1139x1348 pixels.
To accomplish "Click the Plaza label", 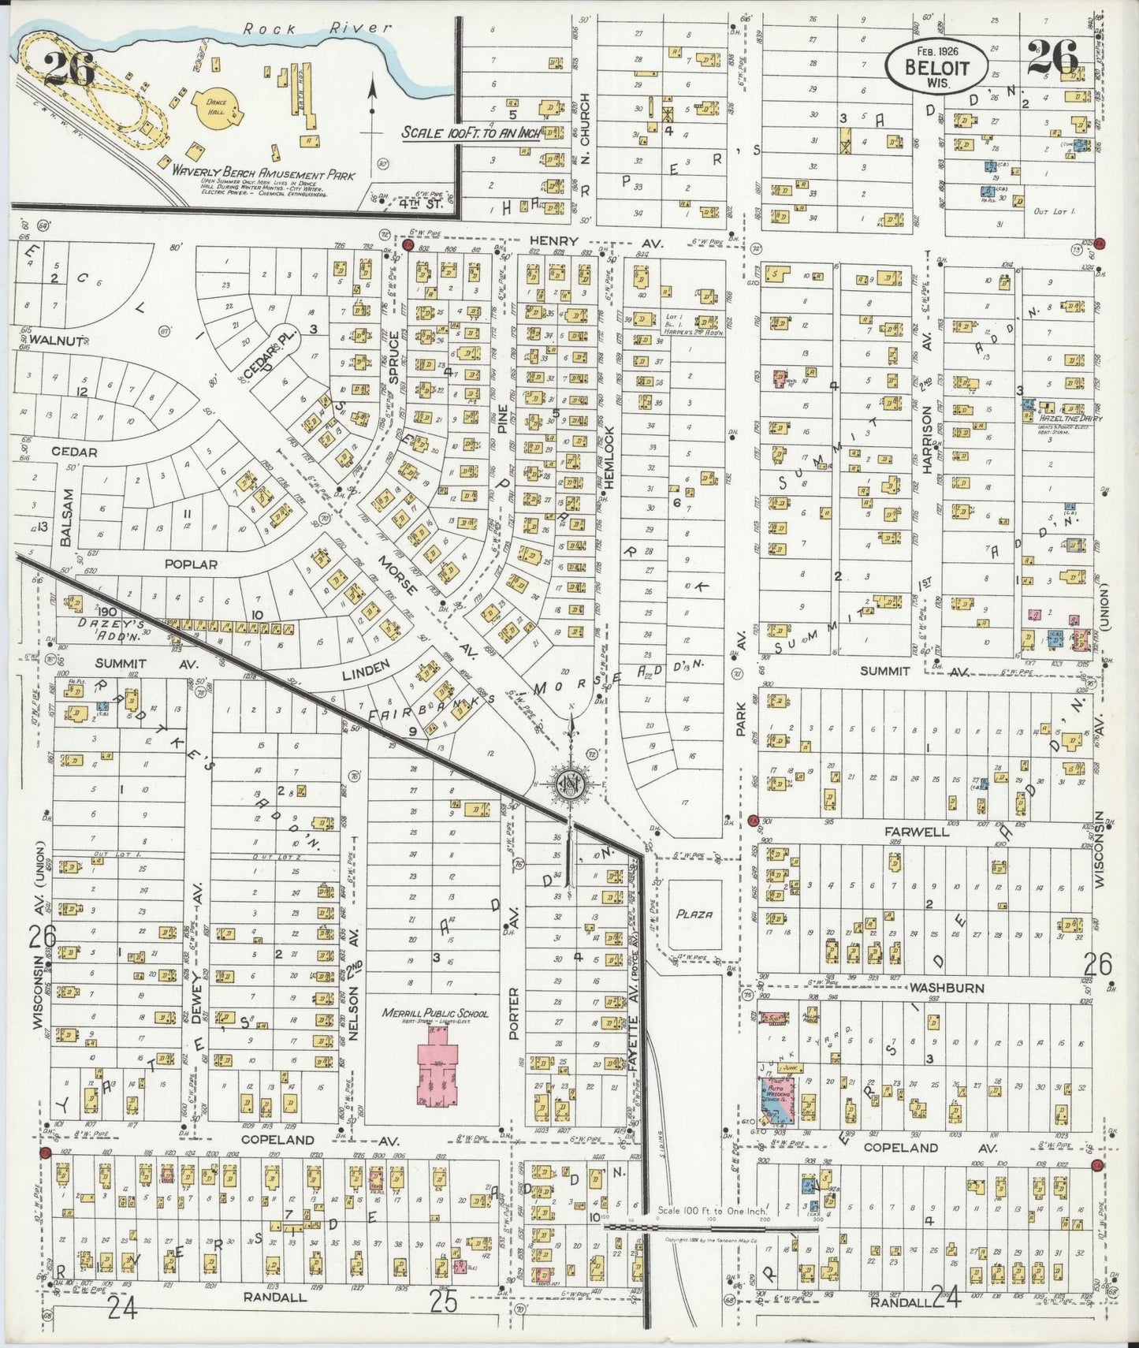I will pyautogui.click(x=694, y=914).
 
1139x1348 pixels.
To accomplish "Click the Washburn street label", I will pyautogui.click(x=935, y=987).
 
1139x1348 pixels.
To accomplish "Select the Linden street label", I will pyautogui.click(x=366, y=669).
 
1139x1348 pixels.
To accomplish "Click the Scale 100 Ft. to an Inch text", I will pyautogui.click(x=471, y=132).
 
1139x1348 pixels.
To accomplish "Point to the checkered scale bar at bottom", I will pyautogui.click(x=709, y=1227).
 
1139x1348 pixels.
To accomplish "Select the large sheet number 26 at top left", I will pyautogui.click(x=69, y=69).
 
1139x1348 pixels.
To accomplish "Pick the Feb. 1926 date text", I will pyautogui.click(x=936, y=49).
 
